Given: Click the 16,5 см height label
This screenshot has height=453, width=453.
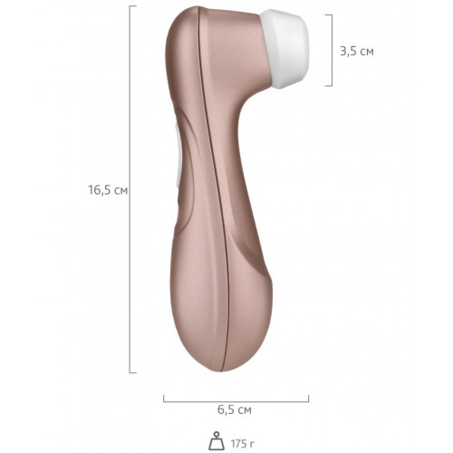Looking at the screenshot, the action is [108, 190].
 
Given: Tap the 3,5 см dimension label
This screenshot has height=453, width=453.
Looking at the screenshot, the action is [357, 52].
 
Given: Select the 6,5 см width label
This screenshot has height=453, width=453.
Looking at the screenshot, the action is [235, 410].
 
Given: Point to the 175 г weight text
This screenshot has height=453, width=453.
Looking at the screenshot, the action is [243, 444].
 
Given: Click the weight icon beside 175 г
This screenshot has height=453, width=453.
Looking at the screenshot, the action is [217, 441].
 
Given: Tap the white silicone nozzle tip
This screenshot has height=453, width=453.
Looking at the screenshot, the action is [287, 48].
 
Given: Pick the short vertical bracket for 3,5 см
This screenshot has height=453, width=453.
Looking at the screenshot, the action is [332, 50].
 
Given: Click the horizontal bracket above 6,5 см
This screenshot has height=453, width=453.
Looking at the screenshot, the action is [236, 401].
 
